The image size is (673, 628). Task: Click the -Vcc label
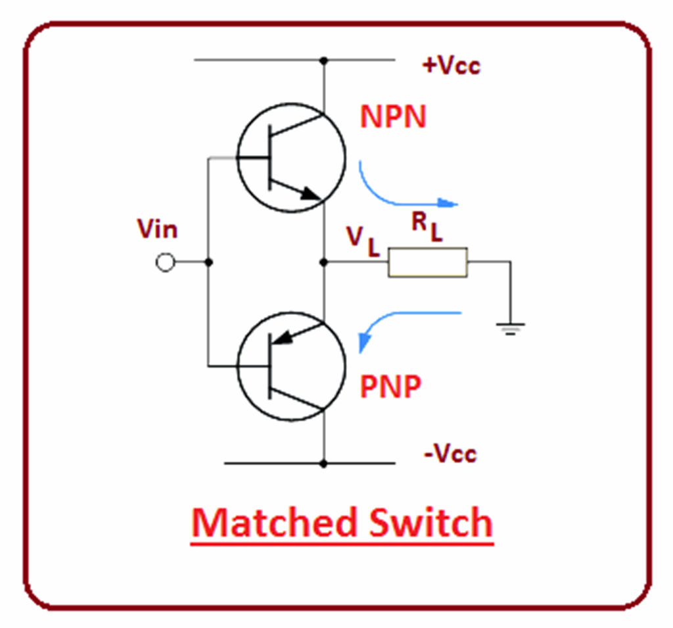click(x=450, y=454)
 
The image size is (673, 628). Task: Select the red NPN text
click(x=393, y=117)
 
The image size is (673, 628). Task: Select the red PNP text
click(x=390, y=387)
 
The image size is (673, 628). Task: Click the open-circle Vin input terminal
click(x=165, y=262)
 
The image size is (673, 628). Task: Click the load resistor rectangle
click(x=427, y=262)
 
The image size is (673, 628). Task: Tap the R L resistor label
click(x=427, y=227)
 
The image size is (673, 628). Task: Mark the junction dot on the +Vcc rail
click(x=323, y=60)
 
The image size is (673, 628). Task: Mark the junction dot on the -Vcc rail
click(x=323, y=464)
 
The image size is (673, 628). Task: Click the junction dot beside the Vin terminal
click(x=208, y=262)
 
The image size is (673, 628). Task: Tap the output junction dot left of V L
click(x=323, y=262)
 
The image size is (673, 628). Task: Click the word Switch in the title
click(x=429, y=523)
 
